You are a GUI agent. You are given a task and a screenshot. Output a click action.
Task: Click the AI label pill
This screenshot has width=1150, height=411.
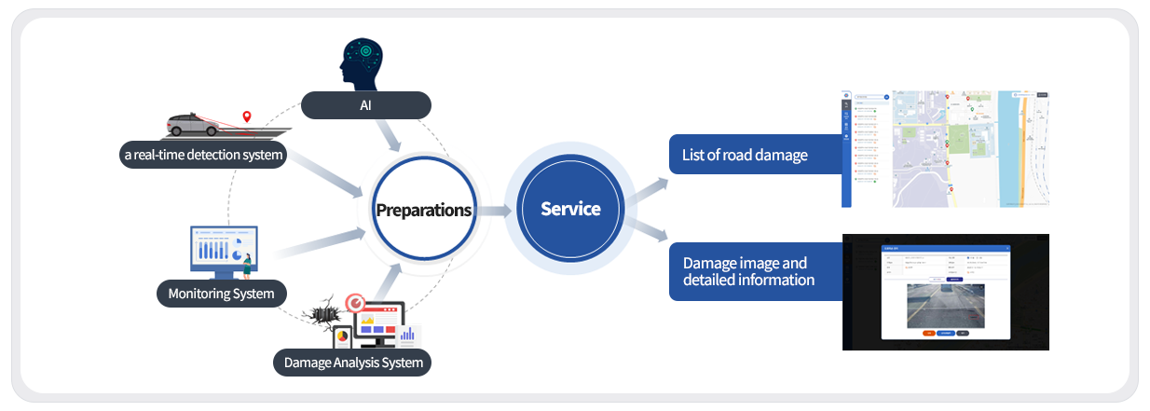366,104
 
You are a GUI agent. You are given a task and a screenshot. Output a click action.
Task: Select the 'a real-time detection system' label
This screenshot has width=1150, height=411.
203,155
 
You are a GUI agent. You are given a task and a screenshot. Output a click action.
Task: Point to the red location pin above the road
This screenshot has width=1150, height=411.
247,117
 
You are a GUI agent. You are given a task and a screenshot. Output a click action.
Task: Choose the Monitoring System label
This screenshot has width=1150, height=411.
221,294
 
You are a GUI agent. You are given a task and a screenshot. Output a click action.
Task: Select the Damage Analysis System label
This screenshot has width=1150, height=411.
352,362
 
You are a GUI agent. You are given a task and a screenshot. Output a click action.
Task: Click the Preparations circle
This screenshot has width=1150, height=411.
423,210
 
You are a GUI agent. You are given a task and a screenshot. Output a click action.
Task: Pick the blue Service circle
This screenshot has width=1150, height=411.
570,209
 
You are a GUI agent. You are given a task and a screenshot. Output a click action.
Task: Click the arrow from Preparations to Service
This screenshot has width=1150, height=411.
495,211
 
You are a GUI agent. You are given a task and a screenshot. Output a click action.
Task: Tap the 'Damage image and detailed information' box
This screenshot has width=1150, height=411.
755,271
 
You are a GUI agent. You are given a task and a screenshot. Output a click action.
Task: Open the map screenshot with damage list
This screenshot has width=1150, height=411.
945,148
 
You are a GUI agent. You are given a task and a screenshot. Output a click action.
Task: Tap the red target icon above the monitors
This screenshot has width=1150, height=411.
354,303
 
